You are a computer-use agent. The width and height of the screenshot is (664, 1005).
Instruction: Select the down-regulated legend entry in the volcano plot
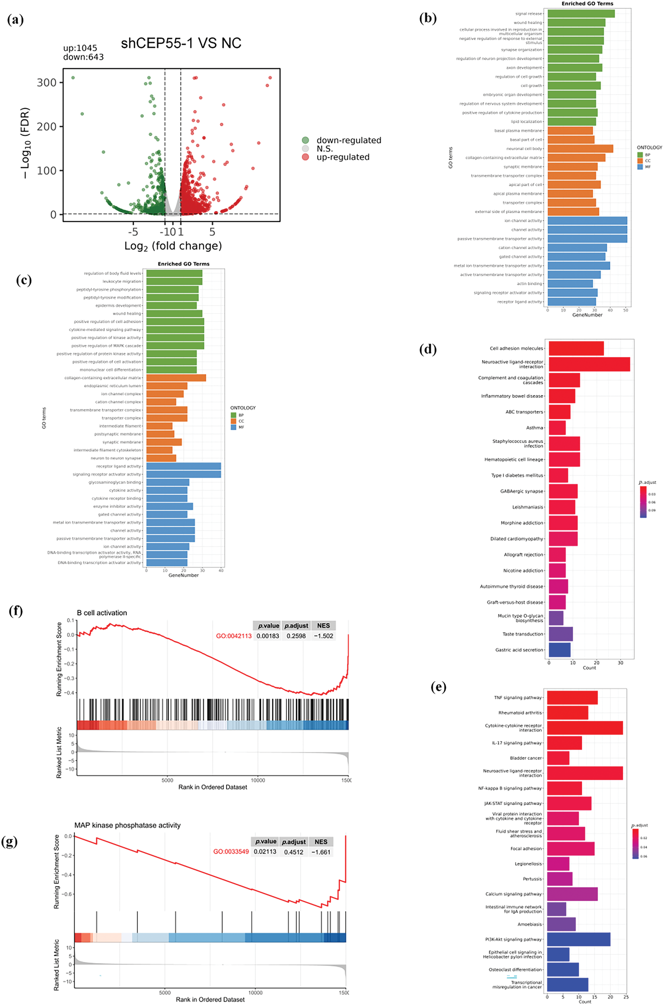pyautogui.click(x=348, y=140)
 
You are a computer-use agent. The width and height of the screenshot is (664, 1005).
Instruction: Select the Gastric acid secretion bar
pyautogui.click(x=559, y=650)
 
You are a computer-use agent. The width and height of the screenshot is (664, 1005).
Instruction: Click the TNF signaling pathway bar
pyautogui.click(x=572, y=697)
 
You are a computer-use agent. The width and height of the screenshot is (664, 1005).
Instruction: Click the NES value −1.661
pyautogui.click(x=321, y=852)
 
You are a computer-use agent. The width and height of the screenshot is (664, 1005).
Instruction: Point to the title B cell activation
pyautogui.click(x=102, y=613)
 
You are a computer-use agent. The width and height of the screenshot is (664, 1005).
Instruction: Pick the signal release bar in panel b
pyautogui.click(x=581, y=14)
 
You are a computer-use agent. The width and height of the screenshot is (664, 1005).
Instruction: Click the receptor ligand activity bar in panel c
pyautogui.click(x=183, y=466)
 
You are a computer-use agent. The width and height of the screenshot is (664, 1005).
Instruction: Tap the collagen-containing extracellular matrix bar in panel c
pyautogui.click(x=176, y=378)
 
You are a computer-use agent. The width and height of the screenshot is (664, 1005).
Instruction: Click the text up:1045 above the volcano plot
pyautogui.click(x=80, y=48)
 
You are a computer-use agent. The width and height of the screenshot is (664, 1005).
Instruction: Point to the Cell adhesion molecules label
pyautogui.click(x=516, y=348)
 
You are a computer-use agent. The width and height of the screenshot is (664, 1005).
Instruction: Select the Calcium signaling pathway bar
pyautogui.click(x=572, y=894)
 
